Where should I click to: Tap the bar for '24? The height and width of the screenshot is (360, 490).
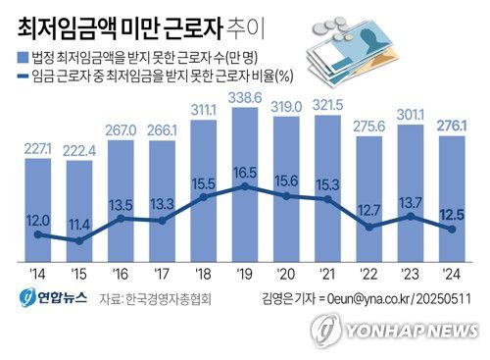450,196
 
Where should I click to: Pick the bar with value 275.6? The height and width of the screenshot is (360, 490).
367,196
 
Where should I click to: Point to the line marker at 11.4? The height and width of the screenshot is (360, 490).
79,239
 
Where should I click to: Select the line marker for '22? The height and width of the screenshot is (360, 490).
367,227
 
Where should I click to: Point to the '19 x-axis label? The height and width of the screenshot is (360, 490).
244,274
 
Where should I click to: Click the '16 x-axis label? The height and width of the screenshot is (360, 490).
121,274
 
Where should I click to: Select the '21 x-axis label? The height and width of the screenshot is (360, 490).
326,274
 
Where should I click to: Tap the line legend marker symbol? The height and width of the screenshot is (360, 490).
23,74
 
